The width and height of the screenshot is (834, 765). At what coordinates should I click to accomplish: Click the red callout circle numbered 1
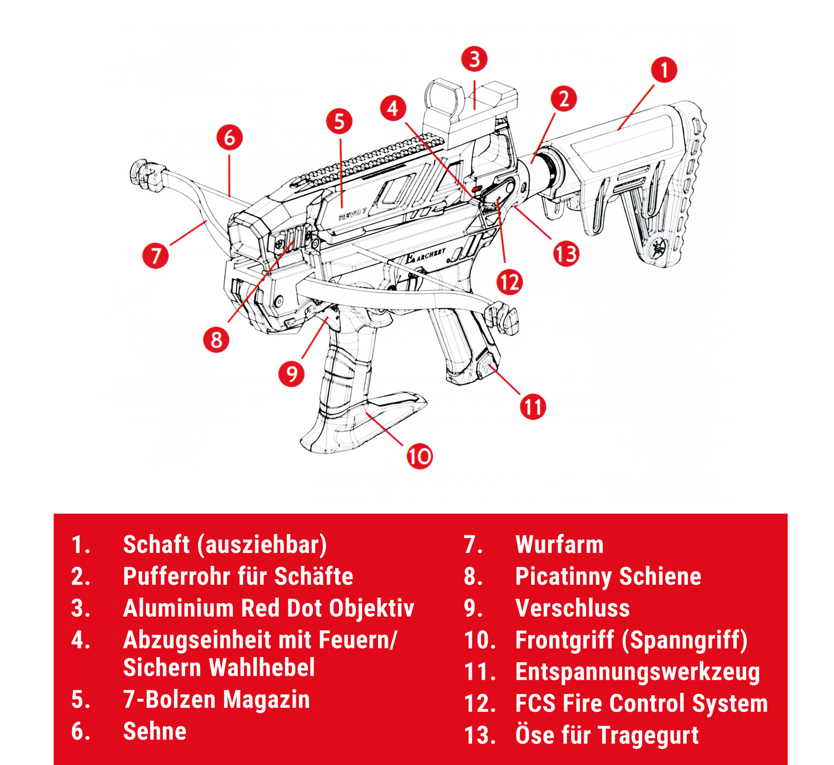664,70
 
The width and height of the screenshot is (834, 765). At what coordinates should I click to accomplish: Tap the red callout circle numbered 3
474,59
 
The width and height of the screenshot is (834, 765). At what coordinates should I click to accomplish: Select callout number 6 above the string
230,137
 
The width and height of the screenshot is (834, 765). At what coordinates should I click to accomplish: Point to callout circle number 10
420,457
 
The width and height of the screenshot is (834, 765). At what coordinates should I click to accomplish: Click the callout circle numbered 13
566,254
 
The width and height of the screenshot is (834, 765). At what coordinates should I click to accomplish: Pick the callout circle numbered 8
217,339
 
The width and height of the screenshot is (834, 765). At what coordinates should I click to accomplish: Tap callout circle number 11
533,407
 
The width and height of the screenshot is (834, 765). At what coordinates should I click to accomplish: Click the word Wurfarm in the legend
559,545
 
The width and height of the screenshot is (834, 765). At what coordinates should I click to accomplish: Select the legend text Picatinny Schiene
608,576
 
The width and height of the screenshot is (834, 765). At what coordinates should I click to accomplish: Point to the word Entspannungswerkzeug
637,672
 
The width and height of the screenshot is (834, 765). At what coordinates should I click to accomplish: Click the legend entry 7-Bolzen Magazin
216,699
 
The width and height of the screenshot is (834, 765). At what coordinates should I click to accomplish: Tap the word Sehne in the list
155,731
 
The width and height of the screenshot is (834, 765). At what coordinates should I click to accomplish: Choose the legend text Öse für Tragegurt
607,735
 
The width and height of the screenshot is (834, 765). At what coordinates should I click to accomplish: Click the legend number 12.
479,704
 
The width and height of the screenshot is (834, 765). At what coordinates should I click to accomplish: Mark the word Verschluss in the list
572,608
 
